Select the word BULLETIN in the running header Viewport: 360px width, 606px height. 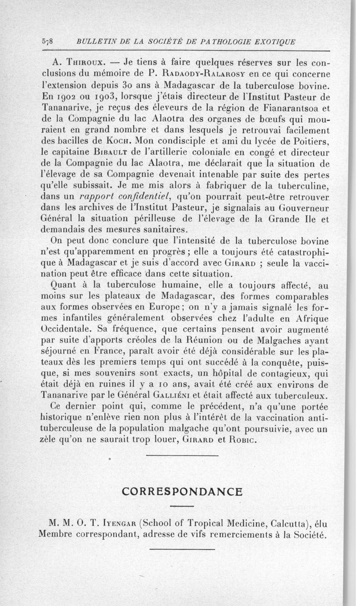coord(95,42)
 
